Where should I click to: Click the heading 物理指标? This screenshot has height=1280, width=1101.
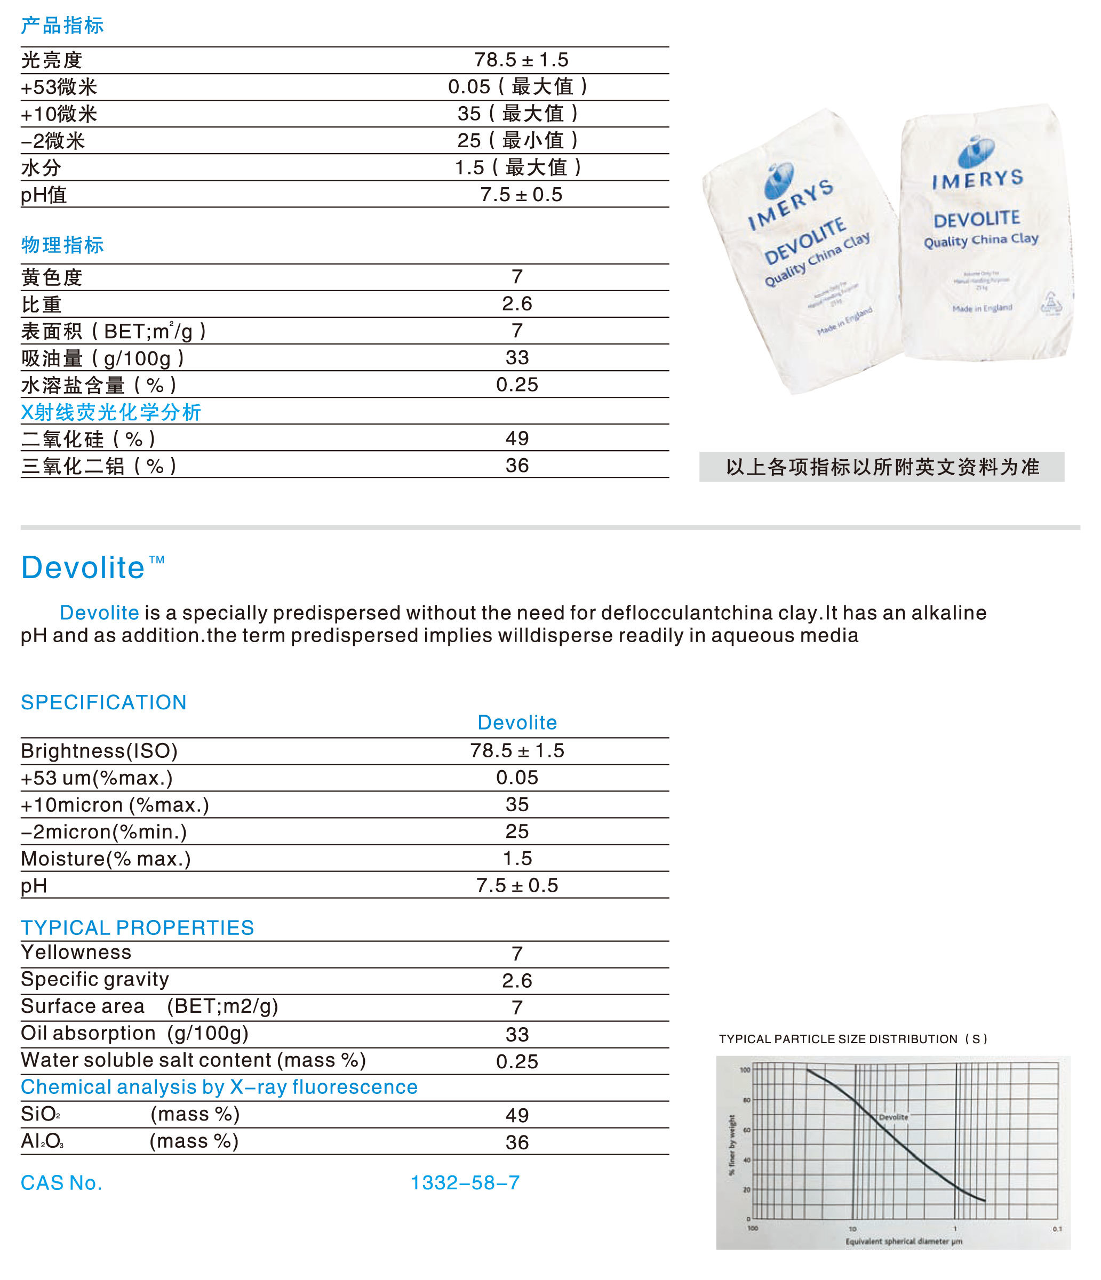point(62,245)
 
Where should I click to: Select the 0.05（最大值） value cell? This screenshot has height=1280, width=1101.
point(518,86)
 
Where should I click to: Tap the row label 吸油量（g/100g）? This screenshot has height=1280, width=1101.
point(102,358)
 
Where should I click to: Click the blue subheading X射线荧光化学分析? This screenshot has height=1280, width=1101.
point(111,412)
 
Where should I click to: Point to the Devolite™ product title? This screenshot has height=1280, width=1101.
point(93,567)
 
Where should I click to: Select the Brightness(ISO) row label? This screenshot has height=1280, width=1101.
point(99,750)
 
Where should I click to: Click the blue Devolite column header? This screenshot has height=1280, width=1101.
point(517,722)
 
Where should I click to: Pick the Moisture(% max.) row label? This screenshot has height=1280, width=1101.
point(106,859)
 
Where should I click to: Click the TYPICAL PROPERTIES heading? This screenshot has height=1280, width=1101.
point(137,927)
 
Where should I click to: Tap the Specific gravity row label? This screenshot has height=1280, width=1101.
point(95,979)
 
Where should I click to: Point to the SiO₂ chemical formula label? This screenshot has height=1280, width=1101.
point(40,1114)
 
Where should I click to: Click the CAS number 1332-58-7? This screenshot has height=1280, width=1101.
point(465,1182)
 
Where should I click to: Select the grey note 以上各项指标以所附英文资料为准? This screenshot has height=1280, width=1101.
point(882,467)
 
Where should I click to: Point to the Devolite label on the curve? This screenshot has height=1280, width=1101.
point(893,1117)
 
